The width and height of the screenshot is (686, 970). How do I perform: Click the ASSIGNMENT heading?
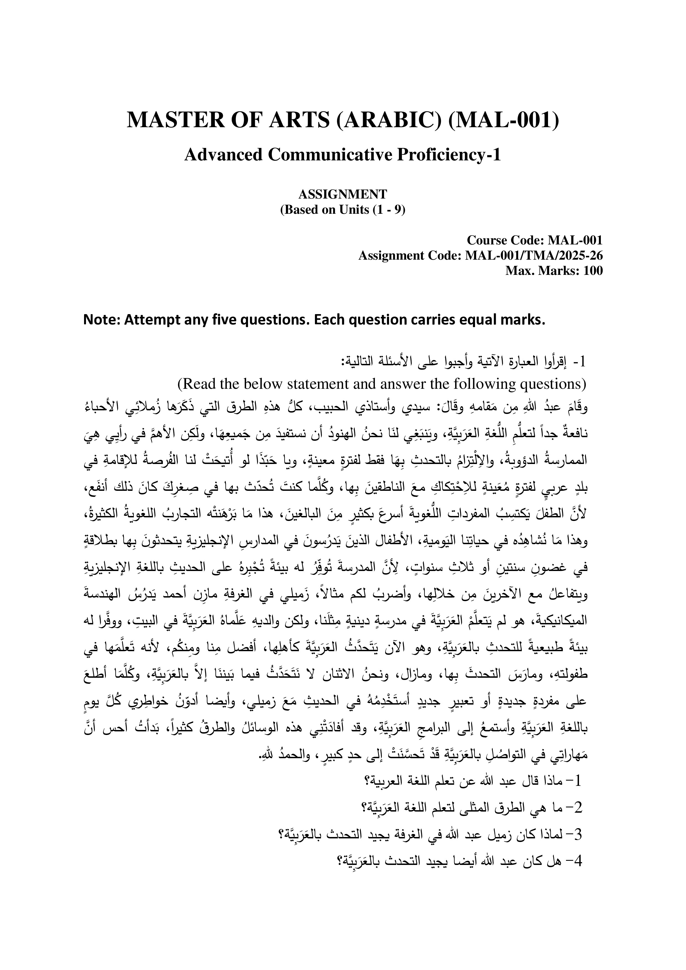(343, 194)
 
